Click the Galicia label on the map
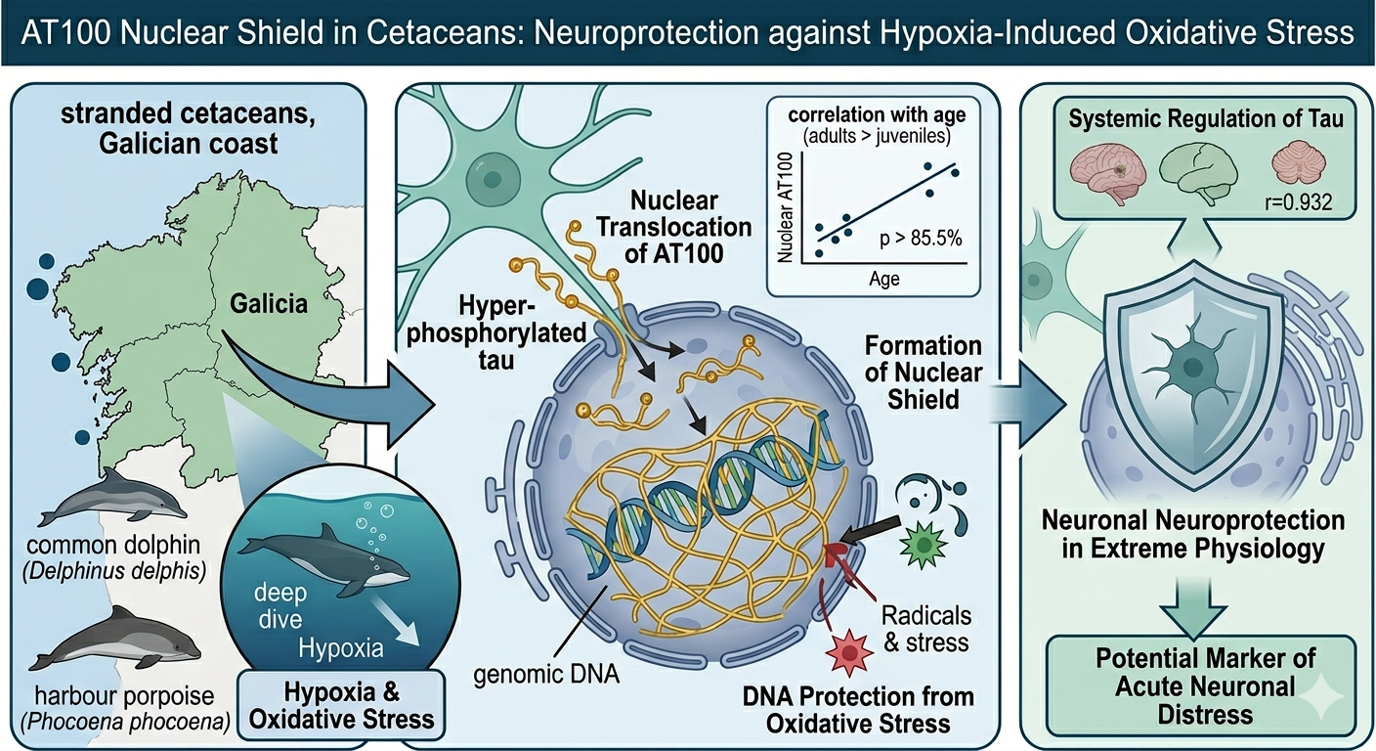click(x=269, y=303)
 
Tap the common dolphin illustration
click(x=112, y=497)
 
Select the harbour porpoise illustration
click(x=115, y=640)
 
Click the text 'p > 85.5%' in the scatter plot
click(x=921, y=238)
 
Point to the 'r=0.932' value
click(x=1299, y=201)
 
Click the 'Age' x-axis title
click(x=884, y=279)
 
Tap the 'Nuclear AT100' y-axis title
click(x=786, y=207)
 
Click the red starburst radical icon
click(x=849, y=652)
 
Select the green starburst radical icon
click(x=922, y=544)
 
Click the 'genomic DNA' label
click(x=546, y=675)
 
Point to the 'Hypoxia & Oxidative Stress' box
click(x=341, y=706)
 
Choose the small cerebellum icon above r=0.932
click(x=1299, y=163)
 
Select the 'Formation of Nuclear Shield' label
click(x=924, y=373)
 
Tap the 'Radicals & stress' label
click(x=926, y=629)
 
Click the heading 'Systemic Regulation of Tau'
click(x=1205, y=118)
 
